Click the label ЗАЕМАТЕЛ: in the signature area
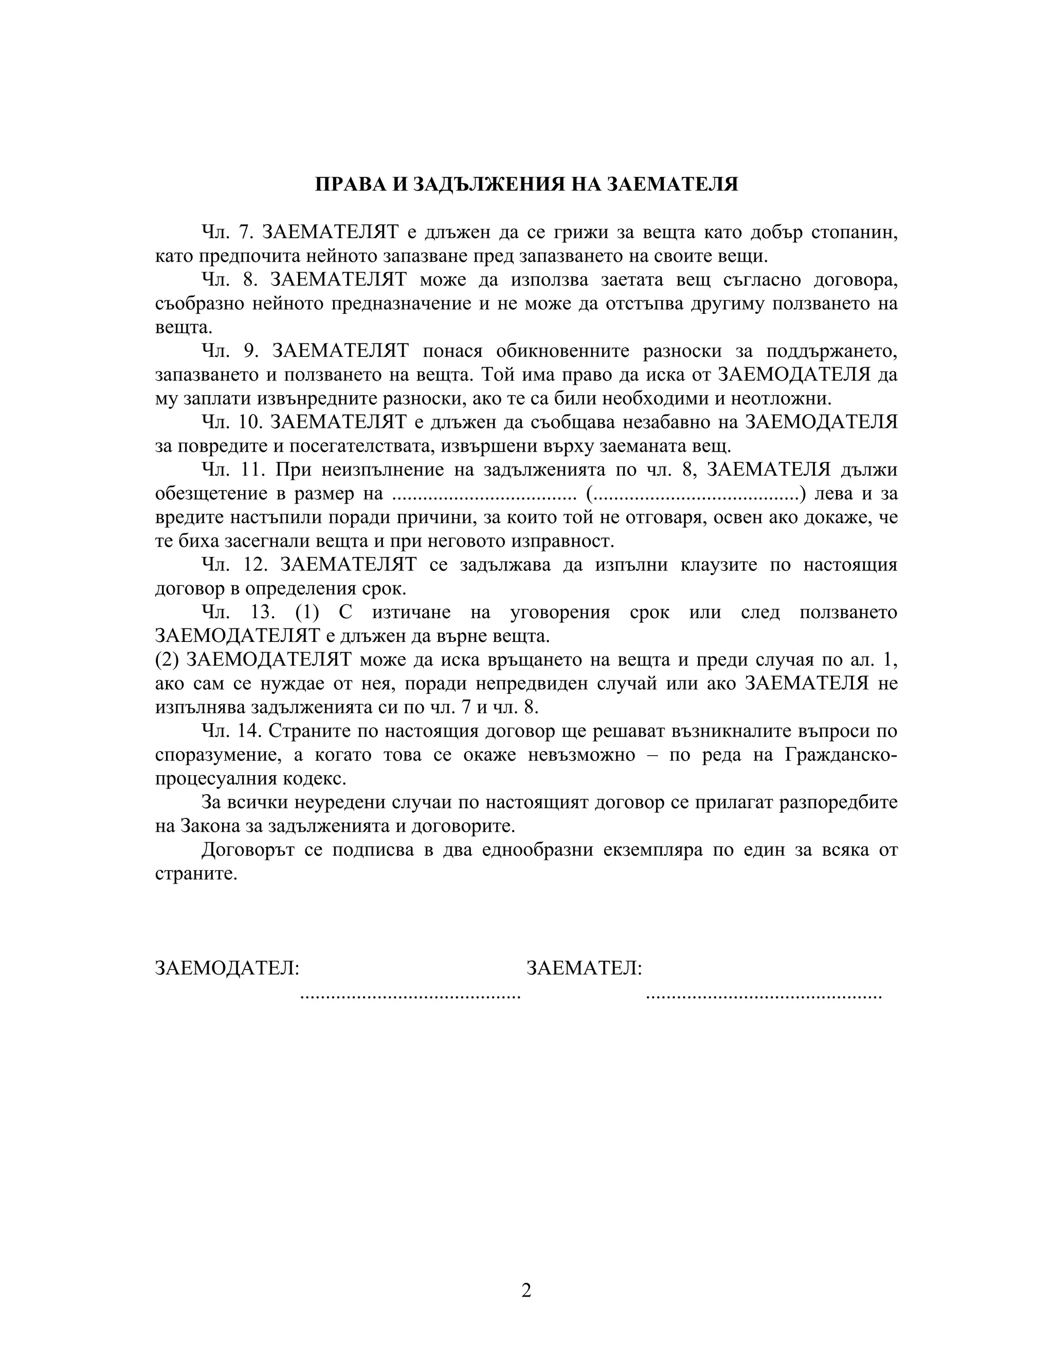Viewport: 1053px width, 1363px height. tap(584, 969)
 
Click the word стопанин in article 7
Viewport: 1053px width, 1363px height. tap(854, 233)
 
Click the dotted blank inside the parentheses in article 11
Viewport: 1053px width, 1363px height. tap(696, 494)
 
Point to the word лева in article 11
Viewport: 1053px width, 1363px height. tap(834, 494)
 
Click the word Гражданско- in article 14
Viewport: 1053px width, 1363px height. tap(840, 755)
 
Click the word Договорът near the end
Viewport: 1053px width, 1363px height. tap(246, 850)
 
